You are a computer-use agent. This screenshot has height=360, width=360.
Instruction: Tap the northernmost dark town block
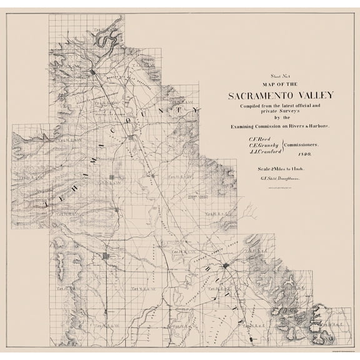coord(92,73)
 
